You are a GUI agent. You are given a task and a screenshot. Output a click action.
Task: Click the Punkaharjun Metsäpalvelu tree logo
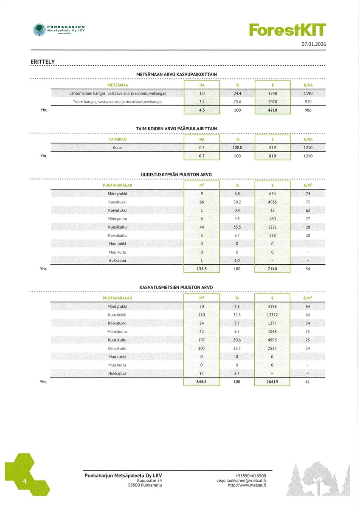[x=39, y=30]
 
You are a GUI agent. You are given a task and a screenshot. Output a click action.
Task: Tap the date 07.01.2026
[x=314, y=44]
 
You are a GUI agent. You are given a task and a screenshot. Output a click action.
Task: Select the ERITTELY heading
[x=43, y=62]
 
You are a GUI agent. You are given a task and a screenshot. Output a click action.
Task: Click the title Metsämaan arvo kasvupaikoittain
[x=177, y=74]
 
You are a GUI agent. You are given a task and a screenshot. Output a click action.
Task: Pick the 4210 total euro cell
[x=272, y=110]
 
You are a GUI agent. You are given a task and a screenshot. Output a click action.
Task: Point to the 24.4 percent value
[x=237, y=93]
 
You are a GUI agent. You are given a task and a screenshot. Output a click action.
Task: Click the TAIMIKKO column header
[x=118, y=140]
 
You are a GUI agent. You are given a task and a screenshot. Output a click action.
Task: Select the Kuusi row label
[x=118, y=148]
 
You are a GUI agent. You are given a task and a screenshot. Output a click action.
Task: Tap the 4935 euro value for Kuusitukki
[x=272, y=202]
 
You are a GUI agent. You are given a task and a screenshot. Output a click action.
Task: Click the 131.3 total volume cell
[x=202, y=268]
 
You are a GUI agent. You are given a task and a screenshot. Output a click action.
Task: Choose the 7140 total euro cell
[x=272, y=268]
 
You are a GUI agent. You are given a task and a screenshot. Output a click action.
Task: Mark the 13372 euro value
[x=272, y=315]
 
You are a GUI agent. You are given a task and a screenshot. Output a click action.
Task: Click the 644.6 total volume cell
[x=202, y=382]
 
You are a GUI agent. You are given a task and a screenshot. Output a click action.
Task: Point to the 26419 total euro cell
[x=272, y=382]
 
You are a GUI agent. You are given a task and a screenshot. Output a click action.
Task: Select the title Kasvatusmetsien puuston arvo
[x=176, y=288]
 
